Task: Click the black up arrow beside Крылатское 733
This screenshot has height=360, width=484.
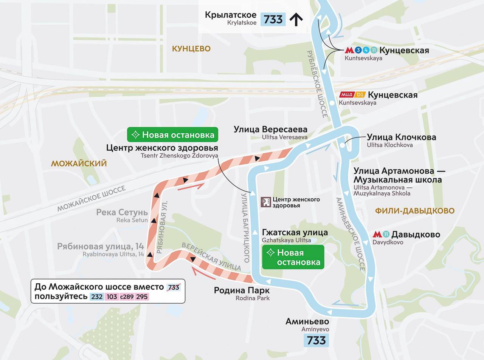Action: point(296,19)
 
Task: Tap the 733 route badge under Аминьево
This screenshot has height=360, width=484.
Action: point(316,340)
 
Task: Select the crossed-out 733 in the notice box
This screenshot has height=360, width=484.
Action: point(173,287)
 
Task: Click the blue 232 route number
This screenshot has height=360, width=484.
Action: point(97,297)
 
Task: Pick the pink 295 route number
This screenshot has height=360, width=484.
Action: point(142,297)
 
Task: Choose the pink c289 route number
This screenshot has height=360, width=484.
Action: point(127,297)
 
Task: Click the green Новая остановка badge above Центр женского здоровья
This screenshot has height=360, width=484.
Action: point(173,135)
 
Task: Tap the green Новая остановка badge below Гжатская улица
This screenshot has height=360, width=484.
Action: point(293,257)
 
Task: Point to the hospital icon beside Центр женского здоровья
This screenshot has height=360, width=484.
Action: point(266,202)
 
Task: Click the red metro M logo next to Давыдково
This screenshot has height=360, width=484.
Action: point(377,235)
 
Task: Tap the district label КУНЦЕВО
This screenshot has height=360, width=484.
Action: point(191,49)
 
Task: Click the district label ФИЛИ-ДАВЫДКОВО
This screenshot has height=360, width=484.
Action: point(414,211)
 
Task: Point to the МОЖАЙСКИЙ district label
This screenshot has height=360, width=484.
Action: point(79,164)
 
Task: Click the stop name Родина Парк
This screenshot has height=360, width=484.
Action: point(242,290)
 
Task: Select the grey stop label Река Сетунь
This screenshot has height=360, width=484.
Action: point(122,212)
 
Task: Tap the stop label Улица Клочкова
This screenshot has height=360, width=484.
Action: point(401,137)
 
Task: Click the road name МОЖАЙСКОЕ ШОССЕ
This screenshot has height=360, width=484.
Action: point(91,199)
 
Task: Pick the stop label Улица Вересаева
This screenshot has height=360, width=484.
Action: point(270,129)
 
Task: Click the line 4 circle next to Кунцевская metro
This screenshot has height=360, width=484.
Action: point(366,50)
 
